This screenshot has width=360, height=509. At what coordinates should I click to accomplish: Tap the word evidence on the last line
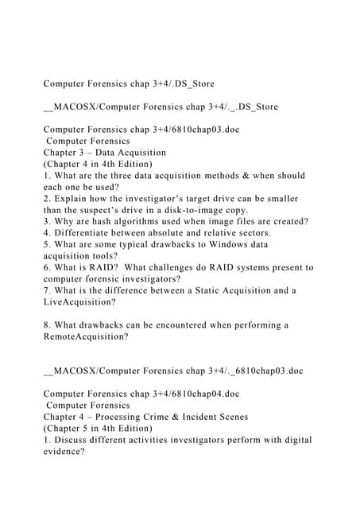point(68,451)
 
